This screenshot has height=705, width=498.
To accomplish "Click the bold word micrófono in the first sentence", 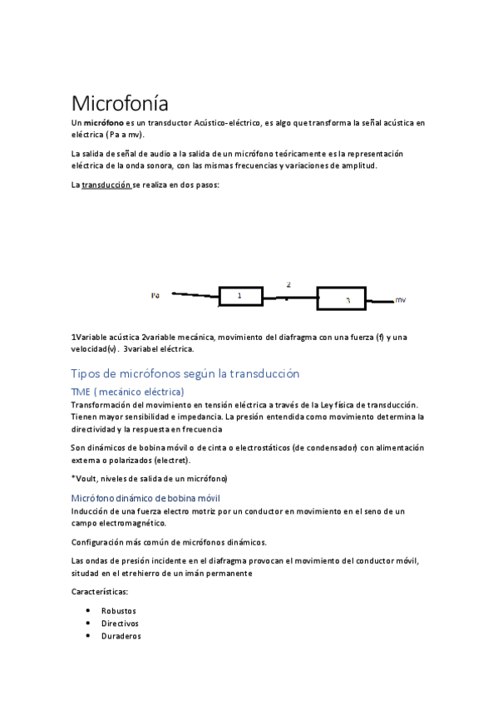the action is click(104, 123).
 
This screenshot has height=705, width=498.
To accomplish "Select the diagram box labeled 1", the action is click(240, 296).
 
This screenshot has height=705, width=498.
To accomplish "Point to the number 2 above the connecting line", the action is click(288, 284).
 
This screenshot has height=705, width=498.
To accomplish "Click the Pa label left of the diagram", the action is click(155, 294).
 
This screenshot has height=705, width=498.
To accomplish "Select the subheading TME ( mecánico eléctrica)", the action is click(128, 391).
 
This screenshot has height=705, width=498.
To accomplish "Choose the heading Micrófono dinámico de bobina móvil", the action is click(145, 497).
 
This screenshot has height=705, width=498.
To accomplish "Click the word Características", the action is click(99, 592).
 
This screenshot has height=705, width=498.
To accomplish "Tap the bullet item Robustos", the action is click(119, 610).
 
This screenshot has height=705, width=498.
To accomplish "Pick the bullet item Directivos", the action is click(120, 623).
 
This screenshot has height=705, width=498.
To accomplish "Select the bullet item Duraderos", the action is click(121, 636).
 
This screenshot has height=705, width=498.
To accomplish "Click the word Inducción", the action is click(91, 510).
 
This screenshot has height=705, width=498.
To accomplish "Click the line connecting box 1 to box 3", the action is click(289, 297).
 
